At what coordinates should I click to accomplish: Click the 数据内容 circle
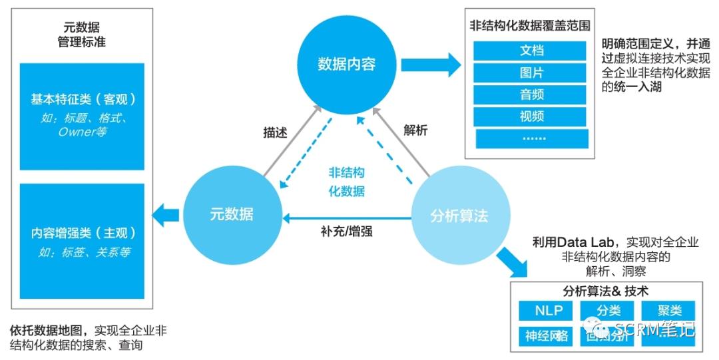tap(346, 64)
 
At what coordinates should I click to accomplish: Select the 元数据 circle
tap(231, 214)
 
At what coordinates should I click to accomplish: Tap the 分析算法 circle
tap(459, 216)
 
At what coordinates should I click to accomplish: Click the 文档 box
tap(531, 51)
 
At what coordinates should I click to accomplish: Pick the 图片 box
tap(531, 73)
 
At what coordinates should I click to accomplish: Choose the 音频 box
tap(531, 94)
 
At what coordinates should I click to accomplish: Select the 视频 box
tap(531, 116)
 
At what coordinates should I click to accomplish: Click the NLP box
tap(549, 311)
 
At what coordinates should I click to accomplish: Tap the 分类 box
tap(608, 311)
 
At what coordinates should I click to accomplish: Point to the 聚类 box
tap(668, 311)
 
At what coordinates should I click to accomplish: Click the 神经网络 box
tap(547, 335)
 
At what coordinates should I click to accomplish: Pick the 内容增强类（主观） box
tap(83, 241)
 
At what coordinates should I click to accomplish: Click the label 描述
tap(275, 132)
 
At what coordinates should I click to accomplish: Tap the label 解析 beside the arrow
tap(415, 130)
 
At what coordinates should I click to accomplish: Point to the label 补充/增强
tap(346, 232)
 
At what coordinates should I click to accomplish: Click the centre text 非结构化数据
tap(347, 182)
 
